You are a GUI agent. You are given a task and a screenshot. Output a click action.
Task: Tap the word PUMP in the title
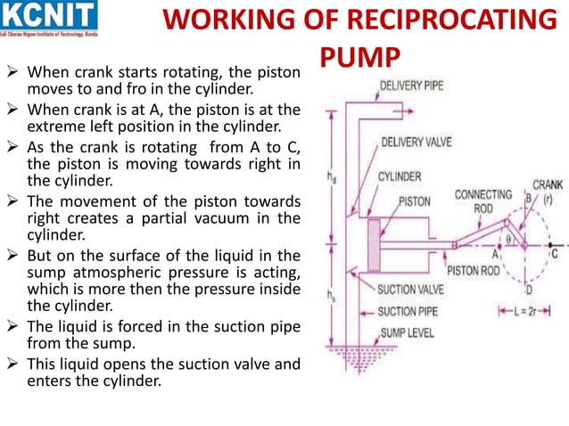[x=357, y=58]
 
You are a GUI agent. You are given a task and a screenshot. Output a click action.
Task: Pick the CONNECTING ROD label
[x=482, y=201]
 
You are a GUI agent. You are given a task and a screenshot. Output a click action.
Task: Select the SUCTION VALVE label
[x=414, y=290]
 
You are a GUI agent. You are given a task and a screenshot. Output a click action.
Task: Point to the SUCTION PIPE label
[x=409, y=311]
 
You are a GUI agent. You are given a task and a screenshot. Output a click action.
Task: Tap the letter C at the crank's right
[x=556, y=252]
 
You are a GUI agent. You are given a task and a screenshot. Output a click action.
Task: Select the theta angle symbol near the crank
[x=509, y=238]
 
